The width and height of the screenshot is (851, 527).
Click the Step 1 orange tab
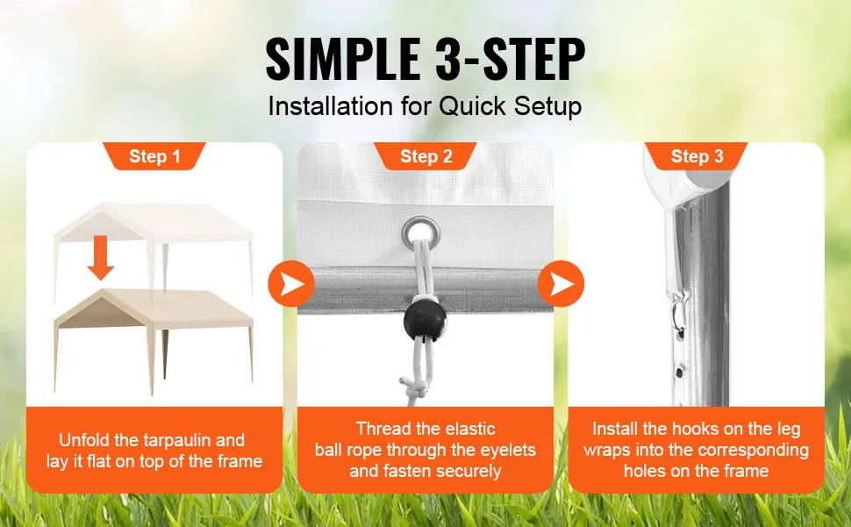tap(154, 156)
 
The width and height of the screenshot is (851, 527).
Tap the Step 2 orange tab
tap(425, 156)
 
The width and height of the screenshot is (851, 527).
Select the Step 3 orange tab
tap(697, 156)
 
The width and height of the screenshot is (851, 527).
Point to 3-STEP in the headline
tap(510, 59)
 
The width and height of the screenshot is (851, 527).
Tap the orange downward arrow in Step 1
tap(100, 257)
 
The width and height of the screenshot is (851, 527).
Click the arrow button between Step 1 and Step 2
tap(291, 284)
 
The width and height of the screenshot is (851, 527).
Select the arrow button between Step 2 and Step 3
tap(561, 284)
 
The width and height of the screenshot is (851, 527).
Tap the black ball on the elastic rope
tap(425, 321)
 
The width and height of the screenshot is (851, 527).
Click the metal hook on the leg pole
tap(680, 313)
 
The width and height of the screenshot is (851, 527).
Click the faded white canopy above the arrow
tap(154, 239)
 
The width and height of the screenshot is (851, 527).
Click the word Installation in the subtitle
tap(331, 106)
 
